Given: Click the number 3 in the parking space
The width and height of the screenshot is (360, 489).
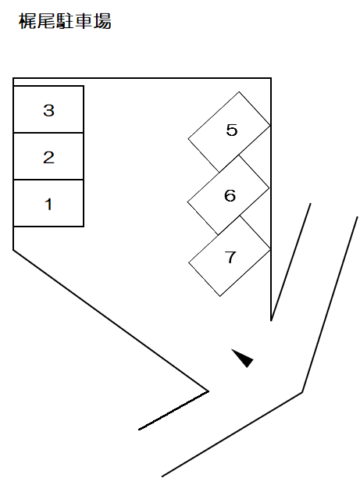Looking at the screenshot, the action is point(48,110).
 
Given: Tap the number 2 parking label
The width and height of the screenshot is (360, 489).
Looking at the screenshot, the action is point(48,157).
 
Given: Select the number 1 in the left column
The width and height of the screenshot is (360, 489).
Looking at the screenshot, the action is point(48,204).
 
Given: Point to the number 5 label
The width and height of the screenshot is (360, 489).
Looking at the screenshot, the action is point(232,130).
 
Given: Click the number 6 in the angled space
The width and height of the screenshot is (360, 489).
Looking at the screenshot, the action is point(230,195).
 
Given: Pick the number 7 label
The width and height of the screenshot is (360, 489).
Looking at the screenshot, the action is point(230,257).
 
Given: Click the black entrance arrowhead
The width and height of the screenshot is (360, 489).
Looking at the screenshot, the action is point(244,358).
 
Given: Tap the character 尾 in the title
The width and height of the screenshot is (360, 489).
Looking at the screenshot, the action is point(46,21).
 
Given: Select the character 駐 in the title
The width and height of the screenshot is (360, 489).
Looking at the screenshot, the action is point(65,21).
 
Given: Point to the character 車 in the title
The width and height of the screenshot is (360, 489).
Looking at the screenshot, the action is point(84,21).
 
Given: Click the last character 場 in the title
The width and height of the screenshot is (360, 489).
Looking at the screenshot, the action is point(102,21).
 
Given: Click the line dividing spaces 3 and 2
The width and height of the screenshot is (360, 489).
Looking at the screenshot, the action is point(48,133).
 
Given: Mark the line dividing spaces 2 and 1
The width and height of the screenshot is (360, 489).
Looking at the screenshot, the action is point(48,180).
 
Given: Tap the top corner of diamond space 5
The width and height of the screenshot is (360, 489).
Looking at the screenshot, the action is point(239,92).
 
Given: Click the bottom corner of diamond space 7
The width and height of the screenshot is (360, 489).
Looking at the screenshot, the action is point(219,296).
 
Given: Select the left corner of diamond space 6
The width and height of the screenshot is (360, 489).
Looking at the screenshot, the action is point(187,202).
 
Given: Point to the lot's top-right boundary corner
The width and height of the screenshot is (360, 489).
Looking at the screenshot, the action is point(271,78).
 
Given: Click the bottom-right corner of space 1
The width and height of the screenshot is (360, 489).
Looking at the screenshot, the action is point(84,226).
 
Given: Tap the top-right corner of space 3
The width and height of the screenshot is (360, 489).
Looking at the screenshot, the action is point(84,86).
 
